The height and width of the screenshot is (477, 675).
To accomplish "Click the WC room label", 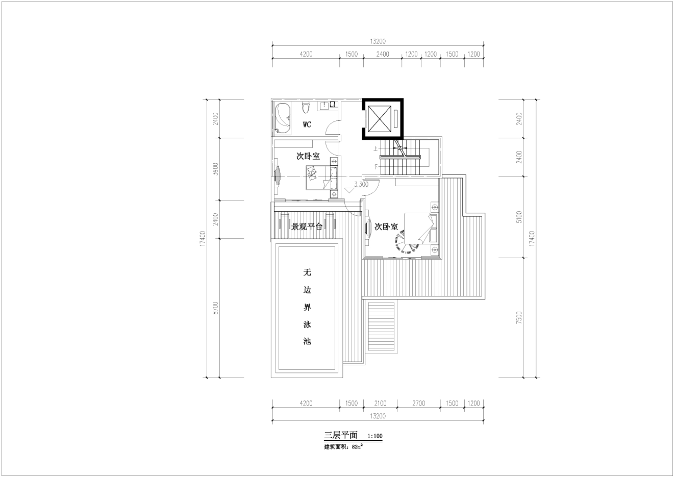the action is point(307,124).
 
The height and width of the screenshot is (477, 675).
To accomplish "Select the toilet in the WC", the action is point(306,108).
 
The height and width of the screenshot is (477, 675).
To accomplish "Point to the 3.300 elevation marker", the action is point(361,184).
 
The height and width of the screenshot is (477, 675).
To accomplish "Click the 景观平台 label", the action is point(307,227).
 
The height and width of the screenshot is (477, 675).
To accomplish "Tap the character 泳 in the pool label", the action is point(307,324).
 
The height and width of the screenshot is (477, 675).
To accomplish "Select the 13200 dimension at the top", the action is point(378,41).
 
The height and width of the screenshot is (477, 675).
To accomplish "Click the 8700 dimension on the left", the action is point(215,308).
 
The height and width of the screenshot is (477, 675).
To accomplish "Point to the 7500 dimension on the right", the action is point(518,318).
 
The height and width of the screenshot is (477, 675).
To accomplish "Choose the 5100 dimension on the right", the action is point(518,217).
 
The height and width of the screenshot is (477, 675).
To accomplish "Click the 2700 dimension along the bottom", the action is point(418,403).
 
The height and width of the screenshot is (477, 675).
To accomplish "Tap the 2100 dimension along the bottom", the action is point(380,403).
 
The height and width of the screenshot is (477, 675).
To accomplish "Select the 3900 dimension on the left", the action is point(215,169).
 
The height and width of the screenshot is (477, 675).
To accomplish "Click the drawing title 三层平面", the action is point(341,435).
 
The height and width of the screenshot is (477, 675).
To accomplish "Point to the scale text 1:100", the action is point(375,436).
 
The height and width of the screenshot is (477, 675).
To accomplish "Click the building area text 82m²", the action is point(357,446).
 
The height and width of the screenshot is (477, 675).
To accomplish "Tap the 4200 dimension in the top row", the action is point(306,54).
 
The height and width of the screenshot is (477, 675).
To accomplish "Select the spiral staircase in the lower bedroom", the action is point(407,244).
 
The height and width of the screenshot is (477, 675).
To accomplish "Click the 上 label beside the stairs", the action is point(376,148).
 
